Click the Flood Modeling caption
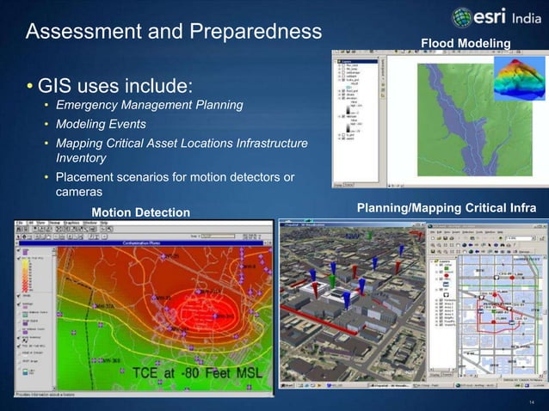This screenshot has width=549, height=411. (x=466, y=44)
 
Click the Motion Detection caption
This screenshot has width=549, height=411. (x=140, y=212)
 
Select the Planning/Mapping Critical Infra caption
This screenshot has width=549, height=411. (x=447, y=209)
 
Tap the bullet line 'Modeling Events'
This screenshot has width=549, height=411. (x=101, y=124)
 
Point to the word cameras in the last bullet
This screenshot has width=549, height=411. (x=79, y=192)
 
